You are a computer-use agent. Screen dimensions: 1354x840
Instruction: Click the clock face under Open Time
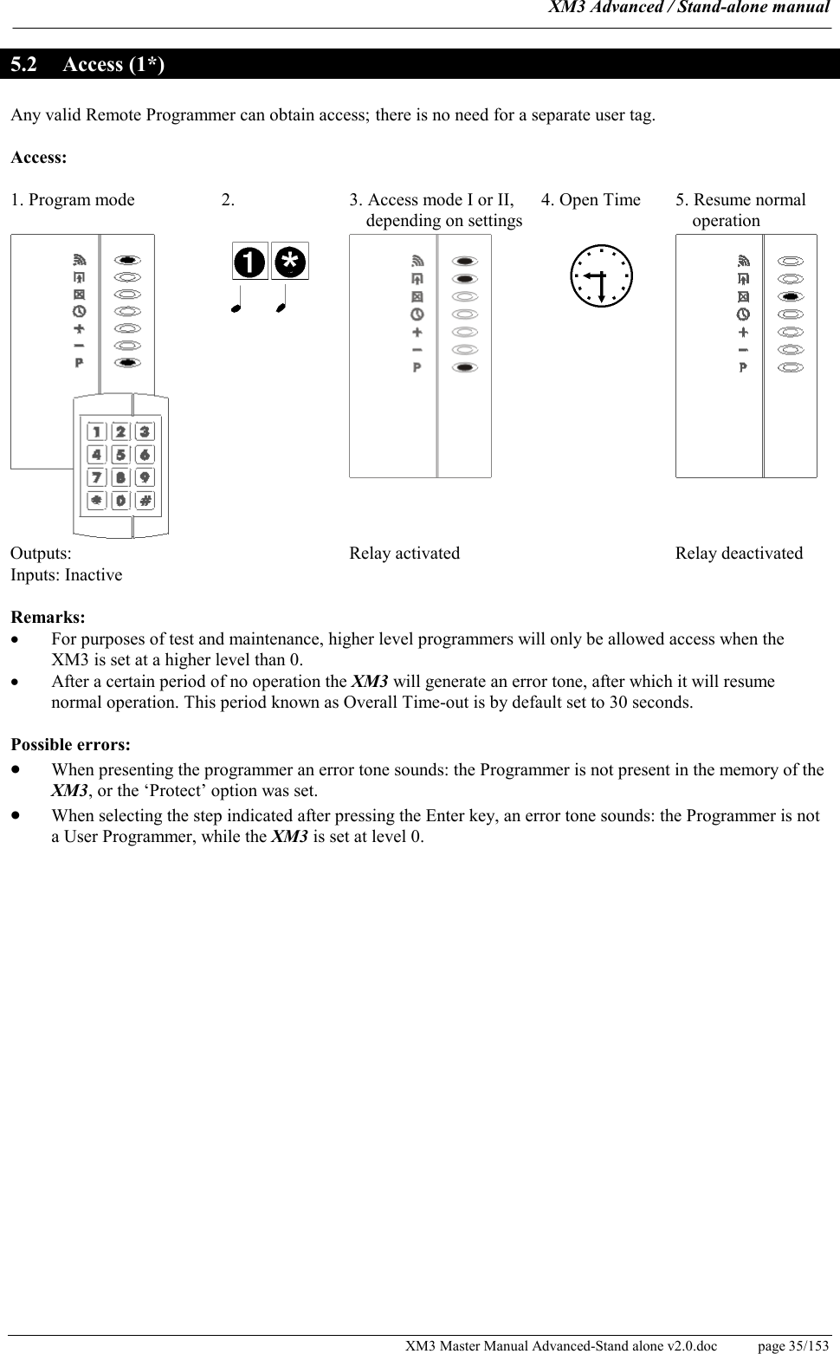pyautogui.click(x=601, y=275)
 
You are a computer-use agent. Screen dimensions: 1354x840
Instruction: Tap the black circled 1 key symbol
pyautogui.click(x=250, y=262)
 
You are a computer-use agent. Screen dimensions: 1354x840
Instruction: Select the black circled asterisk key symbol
pyautogui.click(x=290, y=262)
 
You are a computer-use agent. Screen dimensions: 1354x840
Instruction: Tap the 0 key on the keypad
pyautogui.click(x=120, y=500)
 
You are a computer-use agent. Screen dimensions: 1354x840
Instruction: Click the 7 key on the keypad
pyautogui.click(x=96, y=477)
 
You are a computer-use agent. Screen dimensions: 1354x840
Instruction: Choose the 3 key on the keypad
pyautogui.click(x=145, y=431)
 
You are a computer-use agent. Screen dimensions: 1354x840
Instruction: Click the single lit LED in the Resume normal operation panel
pyautogui.click(x=790, y=296)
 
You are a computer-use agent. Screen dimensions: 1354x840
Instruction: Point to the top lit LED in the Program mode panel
pyautogui.click(x=127, y=259)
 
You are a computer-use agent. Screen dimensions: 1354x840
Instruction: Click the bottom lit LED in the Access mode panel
pyautogui.click(x=465, y=367)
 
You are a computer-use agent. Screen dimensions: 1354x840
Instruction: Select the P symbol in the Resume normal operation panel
pyautogui.click(x=743, y=367)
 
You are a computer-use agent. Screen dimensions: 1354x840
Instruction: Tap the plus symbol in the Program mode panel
pyautogui.click(x=79, y=328)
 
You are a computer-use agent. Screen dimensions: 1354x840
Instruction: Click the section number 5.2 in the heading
pyautogui.click(x=23, y=65)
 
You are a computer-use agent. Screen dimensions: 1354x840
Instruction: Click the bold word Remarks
pyautogui.click(x=48, y=618)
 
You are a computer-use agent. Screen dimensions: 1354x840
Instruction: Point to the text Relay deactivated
pyautogui.click(x=739, y=554)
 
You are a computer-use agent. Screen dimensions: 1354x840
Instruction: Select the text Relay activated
pyautogui.click(x=404, y=554)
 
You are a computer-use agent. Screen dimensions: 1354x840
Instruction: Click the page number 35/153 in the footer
pyautogui.click(x=792, y=1345)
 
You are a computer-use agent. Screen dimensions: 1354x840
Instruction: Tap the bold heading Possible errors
pyautogui.click(x=71, y=745)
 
